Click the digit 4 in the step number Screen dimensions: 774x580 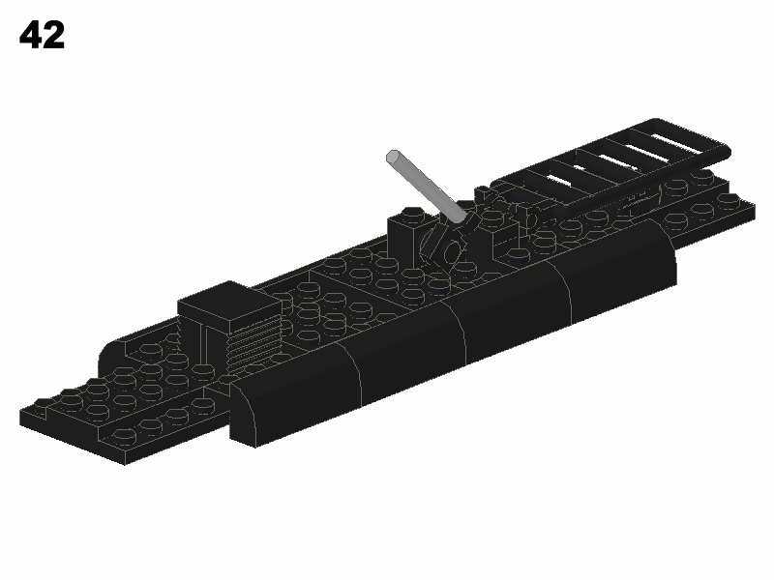coord(31,35)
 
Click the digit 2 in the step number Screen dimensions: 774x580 coord(54,35)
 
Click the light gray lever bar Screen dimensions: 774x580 coord(427,188)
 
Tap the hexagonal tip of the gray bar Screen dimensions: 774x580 coord(393,157)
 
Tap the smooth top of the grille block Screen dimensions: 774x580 coord(229,300)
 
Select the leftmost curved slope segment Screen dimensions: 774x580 coord(296,394)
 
